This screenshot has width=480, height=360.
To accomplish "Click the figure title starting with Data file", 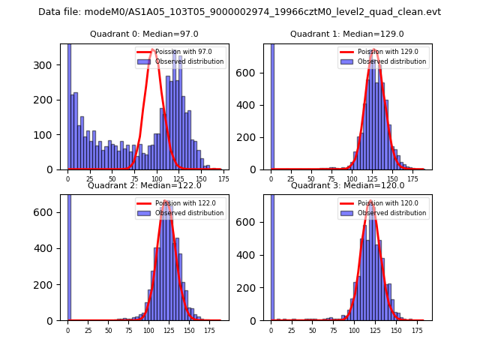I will (x=239, y=12).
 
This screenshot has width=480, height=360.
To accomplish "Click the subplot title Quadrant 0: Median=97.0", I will (x=144, y=34).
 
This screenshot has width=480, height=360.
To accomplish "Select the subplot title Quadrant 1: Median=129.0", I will (x=347, y=34).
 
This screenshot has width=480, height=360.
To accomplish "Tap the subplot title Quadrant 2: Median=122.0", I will (x=144, y=185).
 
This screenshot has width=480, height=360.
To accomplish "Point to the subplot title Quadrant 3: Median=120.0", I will (x=347, y=185).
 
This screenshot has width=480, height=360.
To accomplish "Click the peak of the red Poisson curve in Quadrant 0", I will (x=152, y=50).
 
